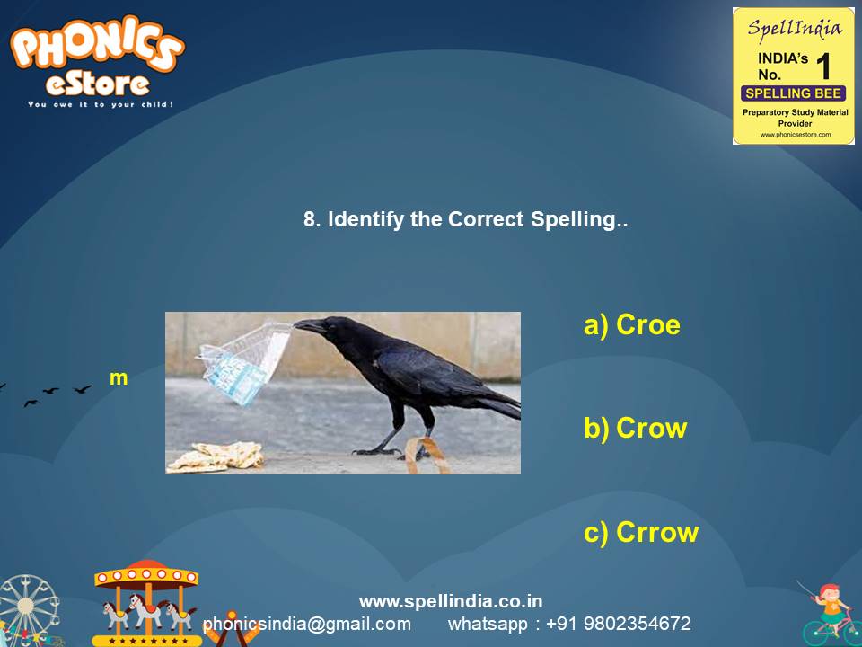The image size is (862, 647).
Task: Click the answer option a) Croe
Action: click(632, 325)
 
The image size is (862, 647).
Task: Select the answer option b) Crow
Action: click(635, 429)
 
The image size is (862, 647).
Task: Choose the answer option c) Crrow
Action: click(641, 533)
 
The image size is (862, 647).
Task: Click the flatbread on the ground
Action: click(215, 456)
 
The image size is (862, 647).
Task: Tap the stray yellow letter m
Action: click(119, 378)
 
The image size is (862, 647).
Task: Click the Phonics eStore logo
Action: click(97, 61)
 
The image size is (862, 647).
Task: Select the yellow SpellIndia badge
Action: click(793, 76)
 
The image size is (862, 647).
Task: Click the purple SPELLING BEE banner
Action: click(793, 93)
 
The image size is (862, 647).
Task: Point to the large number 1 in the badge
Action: click(822, 67)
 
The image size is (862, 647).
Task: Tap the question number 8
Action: click(310, 219)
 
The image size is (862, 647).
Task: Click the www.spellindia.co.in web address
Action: click(451, 601)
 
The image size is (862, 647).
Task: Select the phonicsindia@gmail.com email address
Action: click(307, 624)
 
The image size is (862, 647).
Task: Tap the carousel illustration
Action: click(146, 602)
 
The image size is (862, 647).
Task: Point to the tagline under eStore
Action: click(100, 104)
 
